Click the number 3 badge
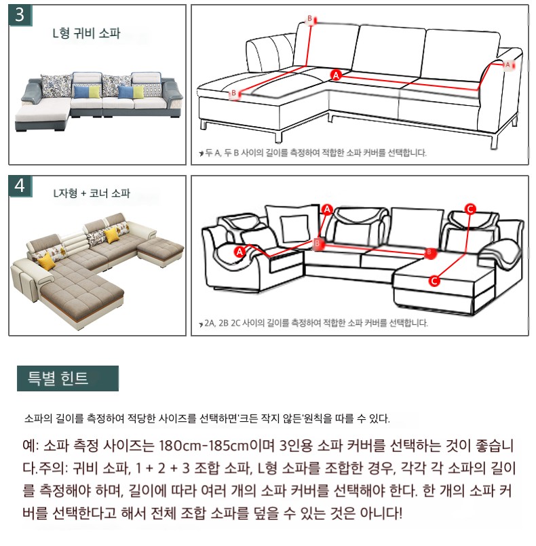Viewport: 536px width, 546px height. tap(20, 15)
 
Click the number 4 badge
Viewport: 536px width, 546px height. tap(20, 186)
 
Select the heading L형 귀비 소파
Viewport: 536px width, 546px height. tap(86, 33)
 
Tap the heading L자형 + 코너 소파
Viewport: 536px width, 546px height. tap(92, 193)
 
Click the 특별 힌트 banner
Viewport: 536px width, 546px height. tap(68, 378)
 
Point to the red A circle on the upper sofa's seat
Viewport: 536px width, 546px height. tap(336, 75)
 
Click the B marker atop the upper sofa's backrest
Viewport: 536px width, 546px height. tap(310, 19)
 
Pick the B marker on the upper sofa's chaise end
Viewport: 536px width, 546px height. tap(234, 94)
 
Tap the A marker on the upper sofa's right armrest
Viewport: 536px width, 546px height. tap(508, 64)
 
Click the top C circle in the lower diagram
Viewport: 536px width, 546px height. tap(470, 209)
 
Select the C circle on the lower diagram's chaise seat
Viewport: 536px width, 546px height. tap(434, 281)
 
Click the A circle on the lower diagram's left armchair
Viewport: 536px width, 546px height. tap(240, 252)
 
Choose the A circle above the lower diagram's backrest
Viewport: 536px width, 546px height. tap(327, 210)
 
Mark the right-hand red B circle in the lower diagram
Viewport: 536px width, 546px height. tap(429, 253)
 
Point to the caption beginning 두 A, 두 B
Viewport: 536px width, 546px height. tap(316, 153)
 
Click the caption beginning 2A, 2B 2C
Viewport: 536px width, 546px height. tap(316, 323)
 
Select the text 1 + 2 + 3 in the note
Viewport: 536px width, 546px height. tap(162, 468)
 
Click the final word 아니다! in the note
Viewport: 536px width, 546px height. tap(381, 513)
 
